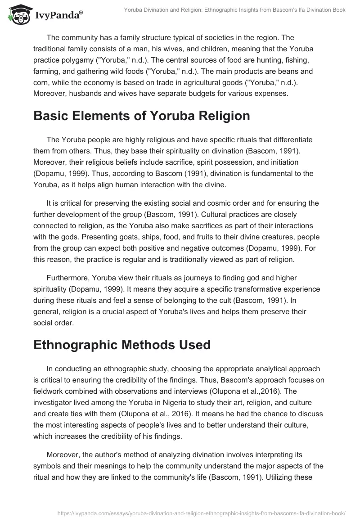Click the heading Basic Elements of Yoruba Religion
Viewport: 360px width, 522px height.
[x=141, y=116]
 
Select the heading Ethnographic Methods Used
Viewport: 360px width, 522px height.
[x=122, y=345]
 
